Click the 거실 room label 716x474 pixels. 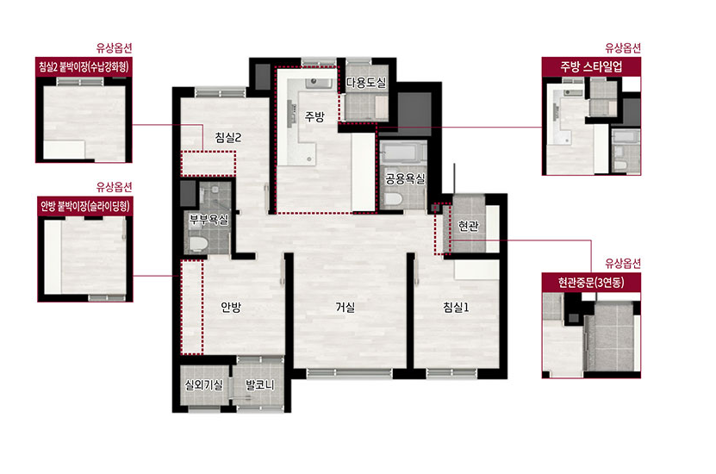click(x=346, y=308)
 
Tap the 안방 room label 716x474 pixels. click(x=231, y=308)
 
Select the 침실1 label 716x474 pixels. click(x=456, y=308)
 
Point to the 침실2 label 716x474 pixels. click(x=228, y=137)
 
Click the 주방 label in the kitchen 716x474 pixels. click(x=314, y=116)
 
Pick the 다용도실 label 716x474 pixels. click(x=366, y=83)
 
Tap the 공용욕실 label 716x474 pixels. click(x=405, y=178)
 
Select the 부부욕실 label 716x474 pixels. click(x=209, y=220)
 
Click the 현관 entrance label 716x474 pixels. click(x=468, y=226)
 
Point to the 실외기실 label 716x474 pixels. click(x=203, y=385)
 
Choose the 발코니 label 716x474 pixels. click(x=260, y=385)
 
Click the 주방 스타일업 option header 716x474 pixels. click(x=591, y=66)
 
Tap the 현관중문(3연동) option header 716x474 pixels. click(x=591, y=283)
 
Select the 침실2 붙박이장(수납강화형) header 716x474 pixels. click(x=84, y=67)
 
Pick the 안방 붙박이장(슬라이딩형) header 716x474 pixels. click(x=85, y=206)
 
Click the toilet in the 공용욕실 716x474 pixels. click(x=393, y=200)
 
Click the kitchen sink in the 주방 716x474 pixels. click(x=319, y=83)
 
